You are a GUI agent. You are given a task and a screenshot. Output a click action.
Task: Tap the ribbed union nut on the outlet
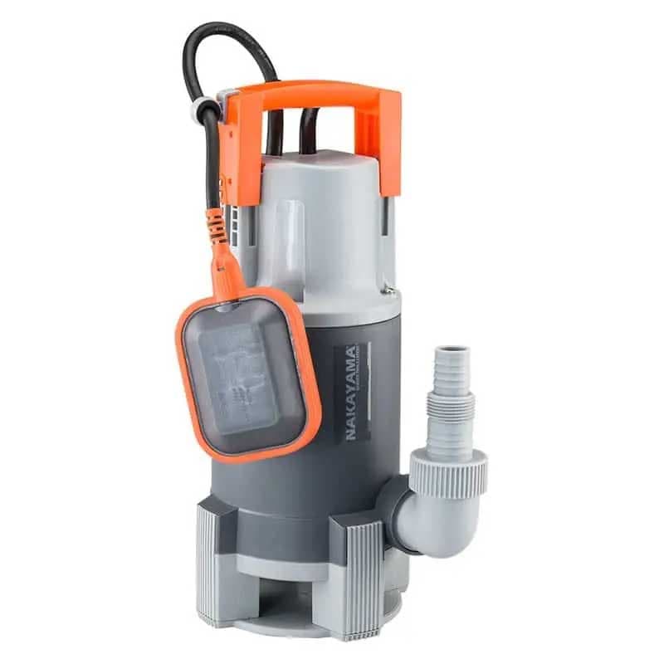click(448, 471)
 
